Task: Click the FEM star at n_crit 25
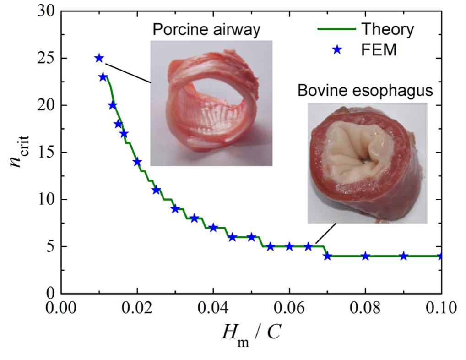click(x=99, y=58)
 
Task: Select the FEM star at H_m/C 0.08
click(x=365, y=256)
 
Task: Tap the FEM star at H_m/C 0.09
click(x=403, y=256)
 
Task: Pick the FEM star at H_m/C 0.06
click(x=289, y=246)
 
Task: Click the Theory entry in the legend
click(x=388, y=30)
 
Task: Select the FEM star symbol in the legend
click(x=337, y=50)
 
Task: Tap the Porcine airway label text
click(x=206, y=30)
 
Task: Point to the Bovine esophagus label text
click(x=365, y=91)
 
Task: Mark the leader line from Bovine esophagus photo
click(x=326, y=234)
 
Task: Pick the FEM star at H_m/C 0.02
click(x=137, y=161)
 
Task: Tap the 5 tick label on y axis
click(x=50, y=246)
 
